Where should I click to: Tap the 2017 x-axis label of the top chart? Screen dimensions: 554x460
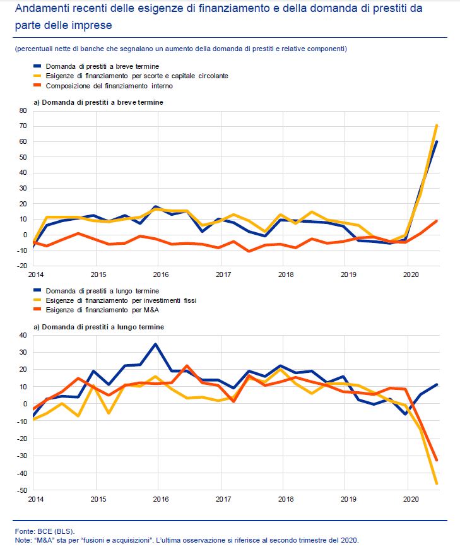(x=223, y=275)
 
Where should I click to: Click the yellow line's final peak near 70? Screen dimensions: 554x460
(x=437, y=126)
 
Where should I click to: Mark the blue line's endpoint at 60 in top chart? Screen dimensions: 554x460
(x=437, y=141)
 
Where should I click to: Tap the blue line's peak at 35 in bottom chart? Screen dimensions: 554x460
(x=155, y=344)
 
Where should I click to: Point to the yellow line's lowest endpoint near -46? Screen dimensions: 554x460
(x=437, y=483)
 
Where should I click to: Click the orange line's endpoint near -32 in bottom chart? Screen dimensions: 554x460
(x=437, y=460)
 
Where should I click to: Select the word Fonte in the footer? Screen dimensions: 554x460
(x=24, y=531)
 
